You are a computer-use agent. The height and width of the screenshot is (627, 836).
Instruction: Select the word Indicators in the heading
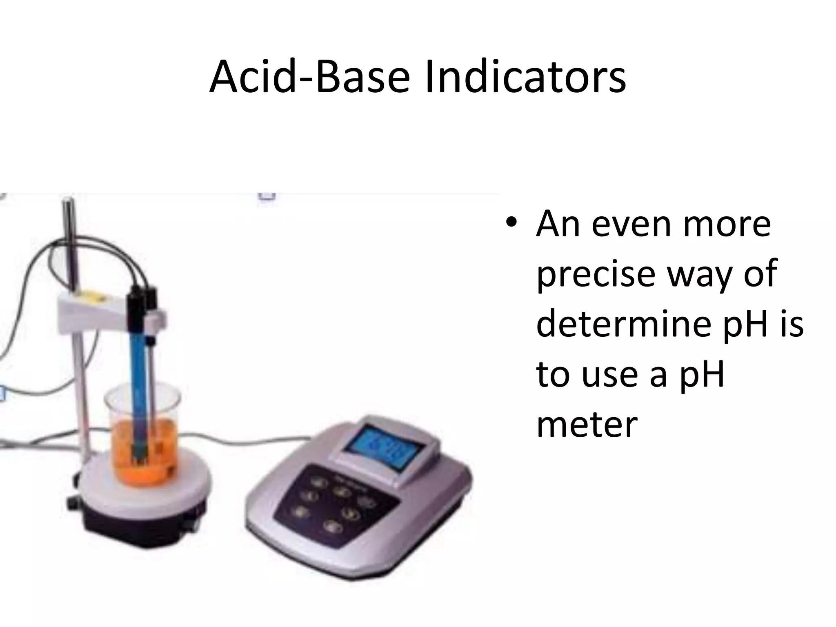pyautogui.click(x=525, y=78)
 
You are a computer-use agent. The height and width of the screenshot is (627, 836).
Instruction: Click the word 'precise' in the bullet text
pyautogui.click(x=596, y=274)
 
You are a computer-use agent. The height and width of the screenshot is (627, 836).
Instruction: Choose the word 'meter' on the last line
pyautogui.click(x=587, y=425)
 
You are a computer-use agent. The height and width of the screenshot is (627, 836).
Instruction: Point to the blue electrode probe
pyautogui.click(x=137, y=367)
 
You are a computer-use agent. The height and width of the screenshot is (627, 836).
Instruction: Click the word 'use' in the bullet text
pyautogui.click(x=609, y=374)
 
